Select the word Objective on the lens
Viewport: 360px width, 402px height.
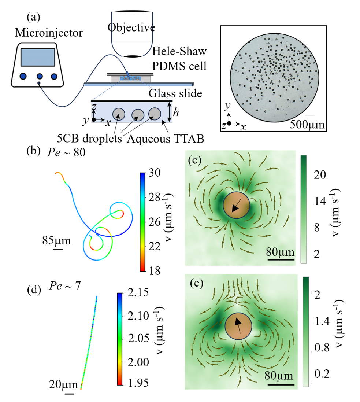pos(131,27)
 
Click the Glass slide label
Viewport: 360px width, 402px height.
pos(175,93)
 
